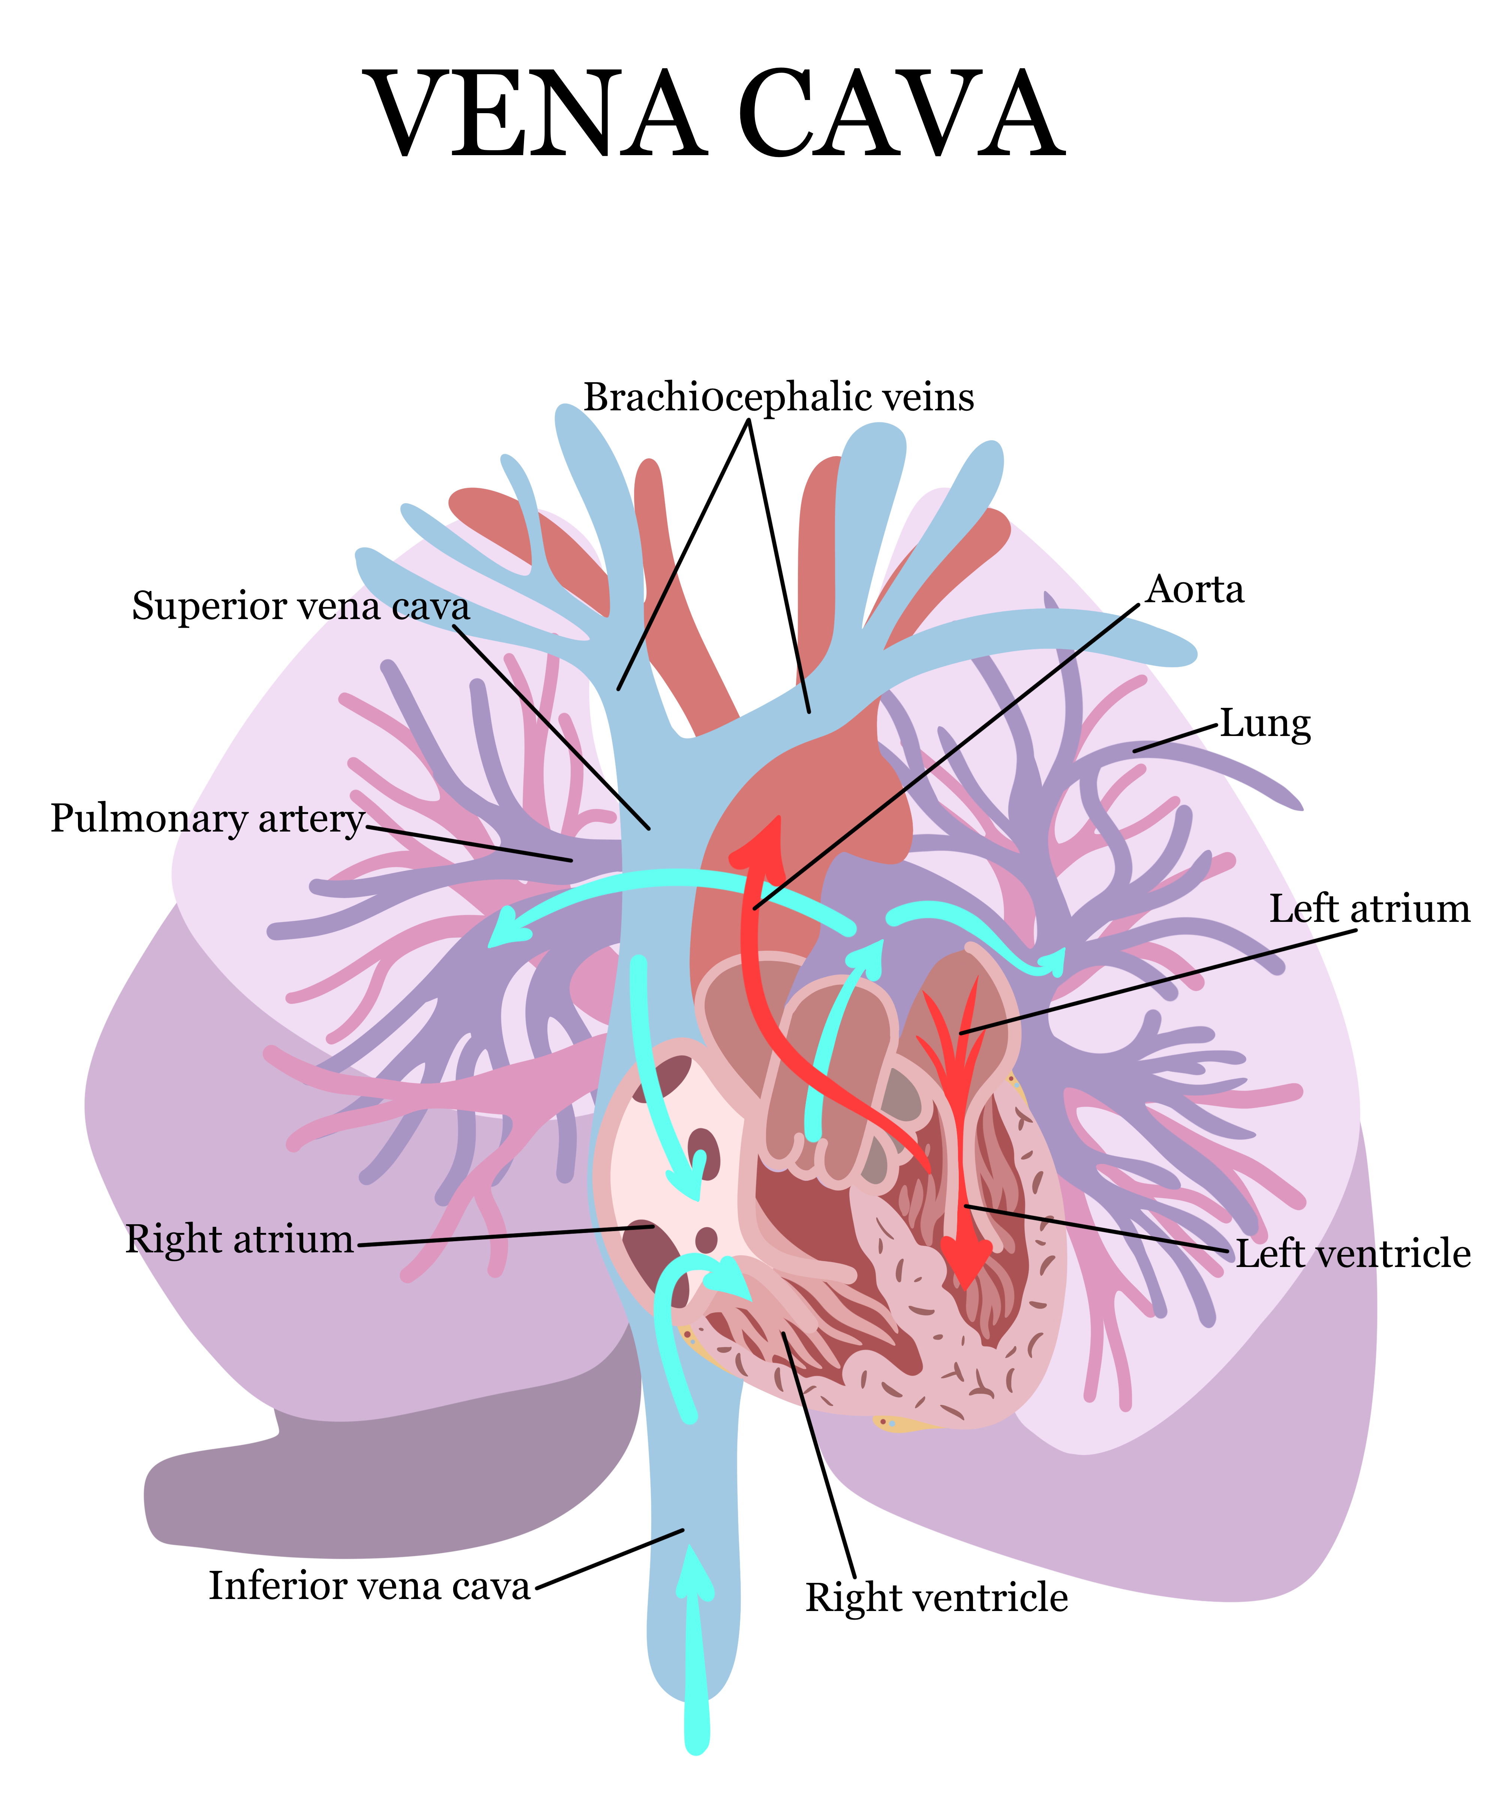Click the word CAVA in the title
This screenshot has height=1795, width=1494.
(902, 115)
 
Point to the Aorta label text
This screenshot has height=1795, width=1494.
(1195, 590)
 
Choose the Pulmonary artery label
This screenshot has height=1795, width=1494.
(208, 818)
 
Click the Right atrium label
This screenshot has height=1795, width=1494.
(239, 1239)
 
